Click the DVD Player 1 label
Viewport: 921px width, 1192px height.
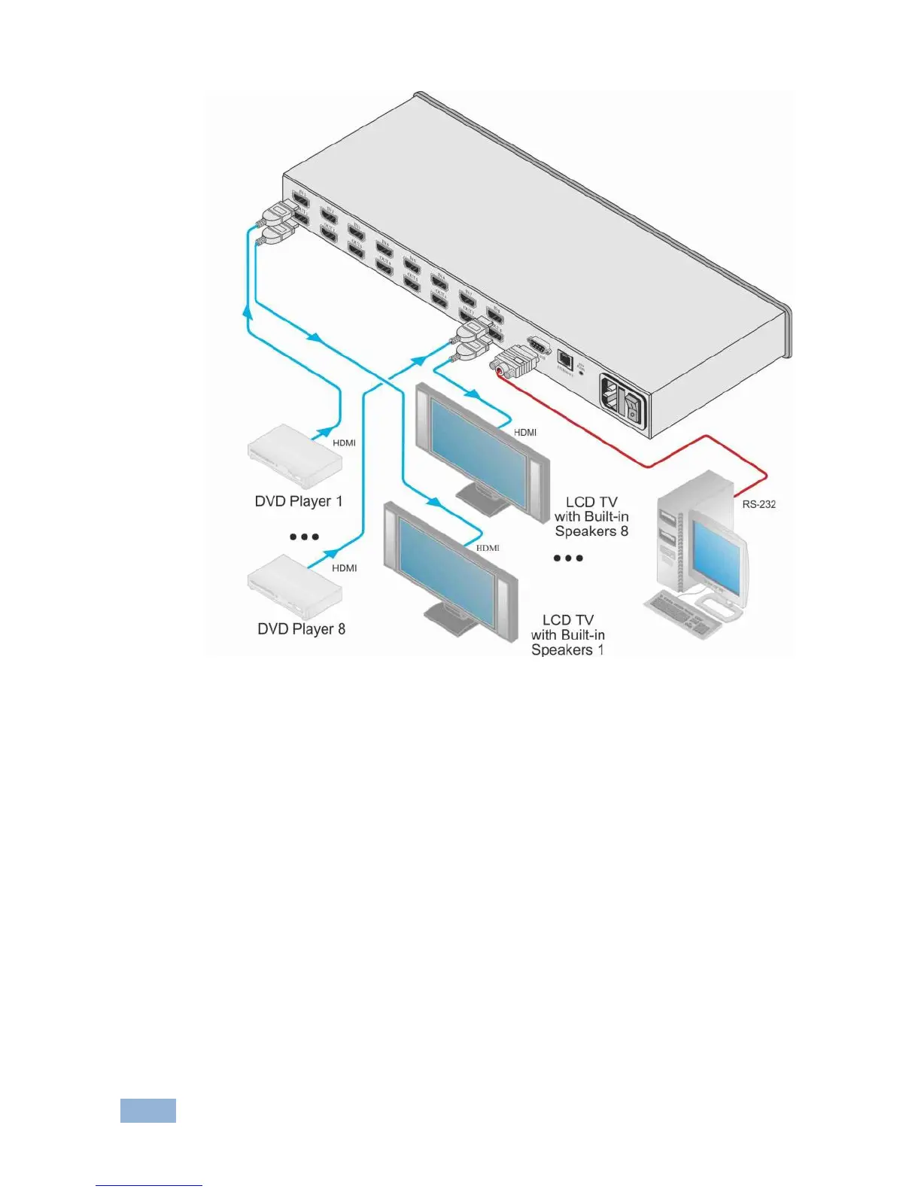pyautogui.click(x=299, y=501)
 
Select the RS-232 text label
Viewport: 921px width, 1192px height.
pyautogui.click(x=758, y=504)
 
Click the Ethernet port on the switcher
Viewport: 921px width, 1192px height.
pyautogui.click(x=564, y=359)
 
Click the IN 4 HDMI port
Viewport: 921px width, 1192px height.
pyautogui.click(x=384, y=251)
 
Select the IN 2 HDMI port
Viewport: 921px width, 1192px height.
pyautogui.click(x=328, y=218)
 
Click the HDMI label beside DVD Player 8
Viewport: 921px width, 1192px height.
pyautogui.click(x=345, y=568)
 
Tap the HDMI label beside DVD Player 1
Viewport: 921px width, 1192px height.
pyautogui.click(x=344, y=443)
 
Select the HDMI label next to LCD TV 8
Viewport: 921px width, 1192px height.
pyautogui.click(x=525, y=433)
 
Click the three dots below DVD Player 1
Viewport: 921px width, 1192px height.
pyautogui.click(x=304, y=537)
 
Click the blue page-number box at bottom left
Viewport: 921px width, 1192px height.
pyautogui.click(x=148, y=1111)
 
